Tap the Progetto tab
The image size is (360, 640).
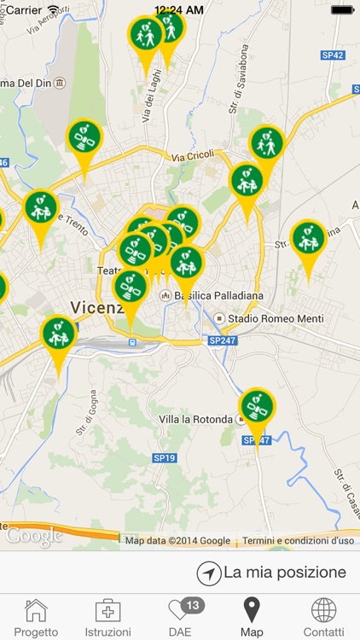(x=36, y=618)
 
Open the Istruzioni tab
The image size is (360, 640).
(x=107, y=618)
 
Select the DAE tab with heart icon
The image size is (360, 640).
(x=180, y=618)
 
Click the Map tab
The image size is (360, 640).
(x=252, y=618)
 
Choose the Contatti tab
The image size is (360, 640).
(x=323, y=618)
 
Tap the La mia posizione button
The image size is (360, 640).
(x=272, y=573)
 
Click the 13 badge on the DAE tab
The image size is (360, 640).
(x=193, y=605)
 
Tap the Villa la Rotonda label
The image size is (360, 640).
(x=195, y=420)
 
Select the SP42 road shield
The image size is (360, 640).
(x=334, y=55)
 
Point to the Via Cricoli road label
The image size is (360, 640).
(x=189, y=158)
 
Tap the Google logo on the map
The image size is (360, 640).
(x=34, y=536)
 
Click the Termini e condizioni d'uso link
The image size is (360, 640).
(x=298, y=540)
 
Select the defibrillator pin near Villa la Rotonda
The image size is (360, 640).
(x=257, y=408)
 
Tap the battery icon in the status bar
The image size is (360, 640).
(x=342, y=9)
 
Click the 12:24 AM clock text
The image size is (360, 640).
(x=179, y=9)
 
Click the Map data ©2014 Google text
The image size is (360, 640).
(x=177, y=540)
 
